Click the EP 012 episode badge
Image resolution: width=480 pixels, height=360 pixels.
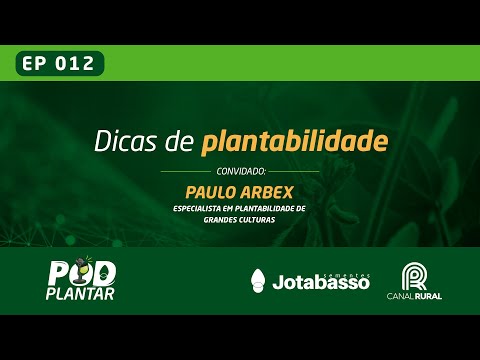click(58, 64)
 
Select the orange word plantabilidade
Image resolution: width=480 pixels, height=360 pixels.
click(294, 142)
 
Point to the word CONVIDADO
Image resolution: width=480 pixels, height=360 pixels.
click(240, 172)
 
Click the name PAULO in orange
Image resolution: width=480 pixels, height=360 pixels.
click(208, 190)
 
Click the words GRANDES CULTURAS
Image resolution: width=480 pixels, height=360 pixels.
click(240, 219)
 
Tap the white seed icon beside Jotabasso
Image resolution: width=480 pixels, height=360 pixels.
click(258, 280)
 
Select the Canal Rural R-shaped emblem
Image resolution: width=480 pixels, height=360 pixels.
click(414, 276)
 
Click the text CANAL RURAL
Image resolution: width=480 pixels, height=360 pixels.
click(414, 296)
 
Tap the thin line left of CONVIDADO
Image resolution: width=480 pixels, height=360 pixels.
click(186, 172)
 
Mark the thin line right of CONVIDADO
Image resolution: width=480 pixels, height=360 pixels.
click(294, 172)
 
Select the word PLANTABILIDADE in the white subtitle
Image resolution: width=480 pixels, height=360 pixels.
click(270, 208)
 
